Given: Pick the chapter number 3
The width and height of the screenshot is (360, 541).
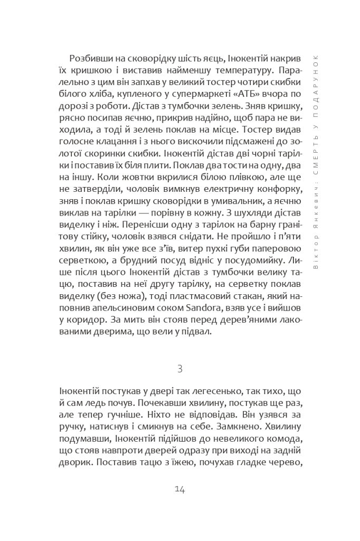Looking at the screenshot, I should (179, 368).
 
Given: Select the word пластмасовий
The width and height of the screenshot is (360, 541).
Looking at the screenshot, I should (193, 296).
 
